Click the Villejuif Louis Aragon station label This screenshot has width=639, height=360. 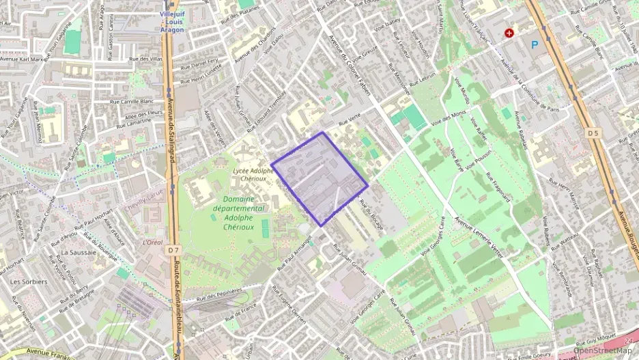point(171,21)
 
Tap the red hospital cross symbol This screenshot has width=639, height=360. point(509,32)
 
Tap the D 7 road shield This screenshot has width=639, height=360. point(173,250)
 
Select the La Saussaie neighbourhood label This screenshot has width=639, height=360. point(76,252)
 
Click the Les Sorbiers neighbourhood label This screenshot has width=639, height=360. point(29,281)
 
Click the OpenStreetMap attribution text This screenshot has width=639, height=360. point(602,350)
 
